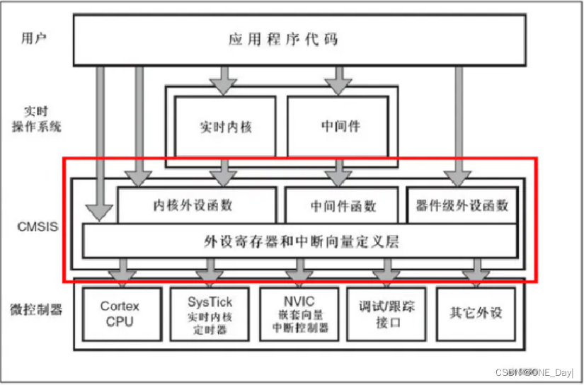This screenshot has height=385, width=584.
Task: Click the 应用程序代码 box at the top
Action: click(x=282, y=38)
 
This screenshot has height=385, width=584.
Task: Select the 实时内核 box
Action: click(x=225, y=127)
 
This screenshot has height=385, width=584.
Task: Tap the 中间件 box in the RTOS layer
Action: click(x=338, y=127)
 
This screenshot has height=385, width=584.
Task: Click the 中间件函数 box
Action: click(x=343, y=205)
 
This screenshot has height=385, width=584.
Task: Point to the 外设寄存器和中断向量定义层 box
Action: click(x=300, y=241)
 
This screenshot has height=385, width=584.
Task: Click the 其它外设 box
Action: click(x=476, y=312)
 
